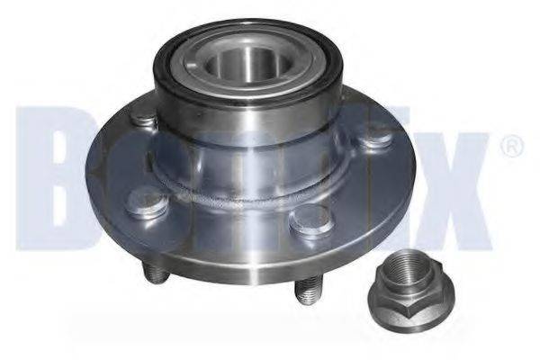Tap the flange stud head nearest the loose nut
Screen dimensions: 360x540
click(312, 219)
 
